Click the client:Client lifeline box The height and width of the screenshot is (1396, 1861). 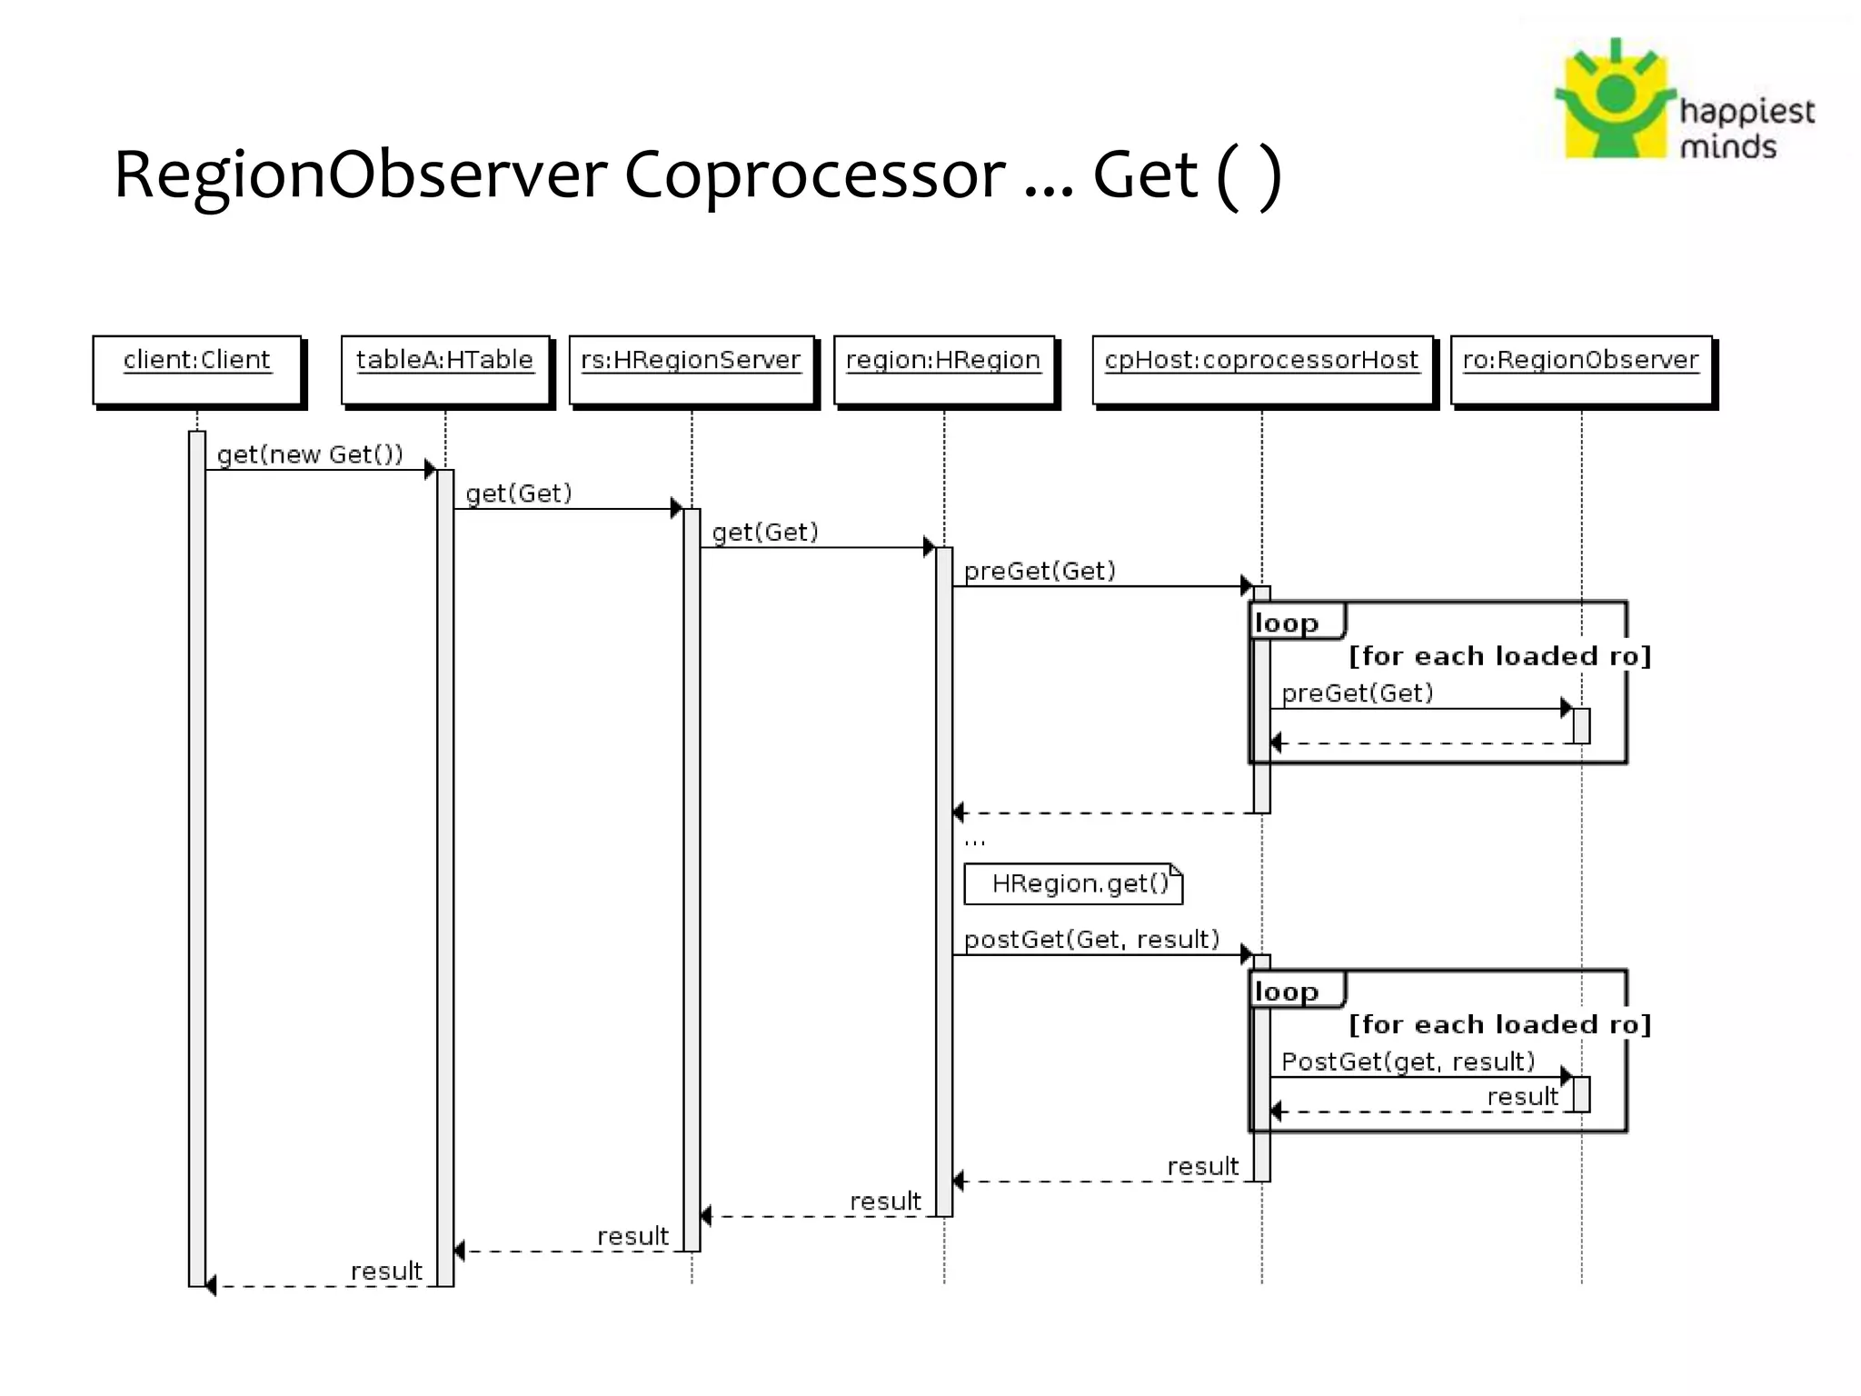(197, 369)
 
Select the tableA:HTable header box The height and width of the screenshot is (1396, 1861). (445, 369)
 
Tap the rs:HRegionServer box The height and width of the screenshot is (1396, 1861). (692, 369)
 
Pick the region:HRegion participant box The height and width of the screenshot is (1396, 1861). (944, 369)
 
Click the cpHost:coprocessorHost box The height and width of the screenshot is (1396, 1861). (1262, 369)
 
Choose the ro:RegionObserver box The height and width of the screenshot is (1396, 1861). (1581, 369)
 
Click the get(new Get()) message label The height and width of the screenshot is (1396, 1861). (310, 454)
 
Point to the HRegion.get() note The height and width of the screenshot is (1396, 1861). (1073, 883)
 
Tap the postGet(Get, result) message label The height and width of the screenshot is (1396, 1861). (1091, 940)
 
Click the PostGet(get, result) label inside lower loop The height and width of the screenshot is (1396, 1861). (1408, 1062)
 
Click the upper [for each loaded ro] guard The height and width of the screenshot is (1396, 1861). (1499, 656)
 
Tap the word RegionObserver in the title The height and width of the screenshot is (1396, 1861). (360, 174)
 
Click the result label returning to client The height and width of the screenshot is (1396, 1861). (386, 1271)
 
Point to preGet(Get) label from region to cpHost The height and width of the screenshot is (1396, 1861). (1040, 571)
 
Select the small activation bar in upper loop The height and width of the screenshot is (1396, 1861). (1581, 725)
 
